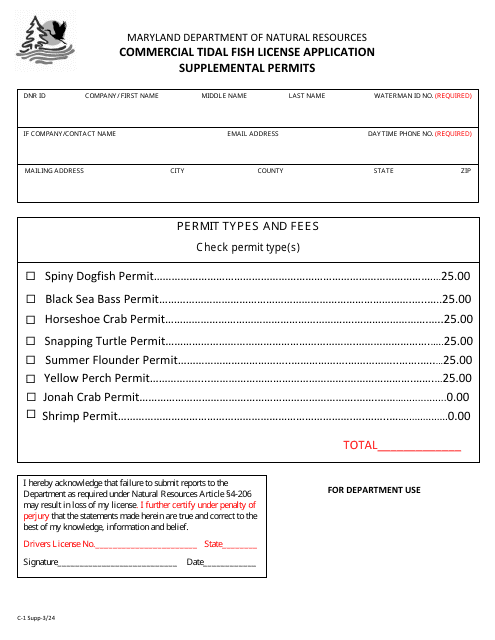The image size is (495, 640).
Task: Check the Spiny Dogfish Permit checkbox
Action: pyautogui.click(x=31, y=276)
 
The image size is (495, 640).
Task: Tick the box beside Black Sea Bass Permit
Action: pyautogui.click(x=31, y=298)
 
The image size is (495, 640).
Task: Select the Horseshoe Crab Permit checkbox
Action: pyautogui.click(x=31, y=319)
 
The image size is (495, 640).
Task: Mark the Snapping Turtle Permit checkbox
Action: pyautogui.click(x=31, y=340)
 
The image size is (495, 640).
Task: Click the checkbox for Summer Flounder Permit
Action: pyautogui.click(x=31, y=360)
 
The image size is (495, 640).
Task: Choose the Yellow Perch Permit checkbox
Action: pyautogui.click(x=31, y=378)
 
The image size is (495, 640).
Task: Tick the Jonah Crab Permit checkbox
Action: pyautogui.click(x=31, y=397)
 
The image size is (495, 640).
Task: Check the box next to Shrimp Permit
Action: pyautogui.click(x=31, y=414)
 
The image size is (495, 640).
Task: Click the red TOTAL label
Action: pyautogui.click(x=359, y=446)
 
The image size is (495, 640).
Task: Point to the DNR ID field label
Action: pyautogui.click(x=35, y=96)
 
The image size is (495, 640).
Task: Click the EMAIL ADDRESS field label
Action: pyautogui.click(x=252, y=133)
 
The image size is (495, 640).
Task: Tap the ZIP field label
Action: pyautogui.click(x=465, y=171)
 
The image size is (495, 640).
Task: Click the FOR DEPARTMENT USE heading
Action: pyautogui.click(x=374, y=490)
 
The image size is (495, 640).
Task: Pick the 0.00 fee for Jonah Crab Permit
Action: pyautogui.click(x=458, y=397)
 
